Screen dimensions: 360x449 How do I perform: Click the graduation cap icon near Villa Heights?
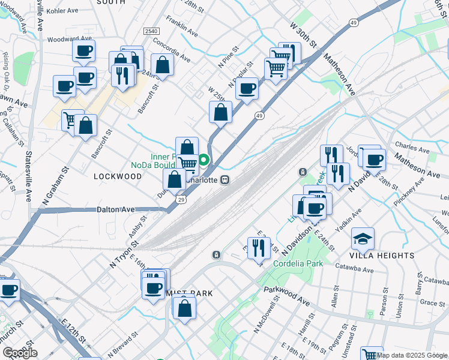pos(363,239)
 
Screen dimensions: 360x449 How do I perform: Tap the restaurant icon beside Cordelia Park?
pos(259,247)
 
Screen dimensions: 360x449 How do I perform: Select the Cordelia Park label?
pos(298,263)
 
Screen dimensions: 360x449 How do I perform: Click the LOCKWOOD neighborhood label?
pos(118,176)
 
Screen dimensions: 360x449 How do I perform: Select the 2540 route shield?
pos(151,31)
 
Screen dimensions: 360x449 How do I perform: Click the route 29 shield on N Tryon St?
pos(180,199)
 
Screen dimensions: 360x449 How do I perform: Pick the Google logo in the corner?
pos(20,353)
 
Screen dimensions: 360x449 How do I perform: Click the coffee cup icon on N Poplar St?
pos(247,89)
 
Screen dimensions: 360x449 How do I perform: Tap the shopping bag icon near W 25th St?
pos(221,112)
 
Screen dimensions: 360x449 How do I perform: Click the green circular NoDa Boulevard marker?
pos(204,160)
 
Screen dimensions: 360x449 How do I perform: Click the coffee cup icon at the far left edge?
pos(8,290)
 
